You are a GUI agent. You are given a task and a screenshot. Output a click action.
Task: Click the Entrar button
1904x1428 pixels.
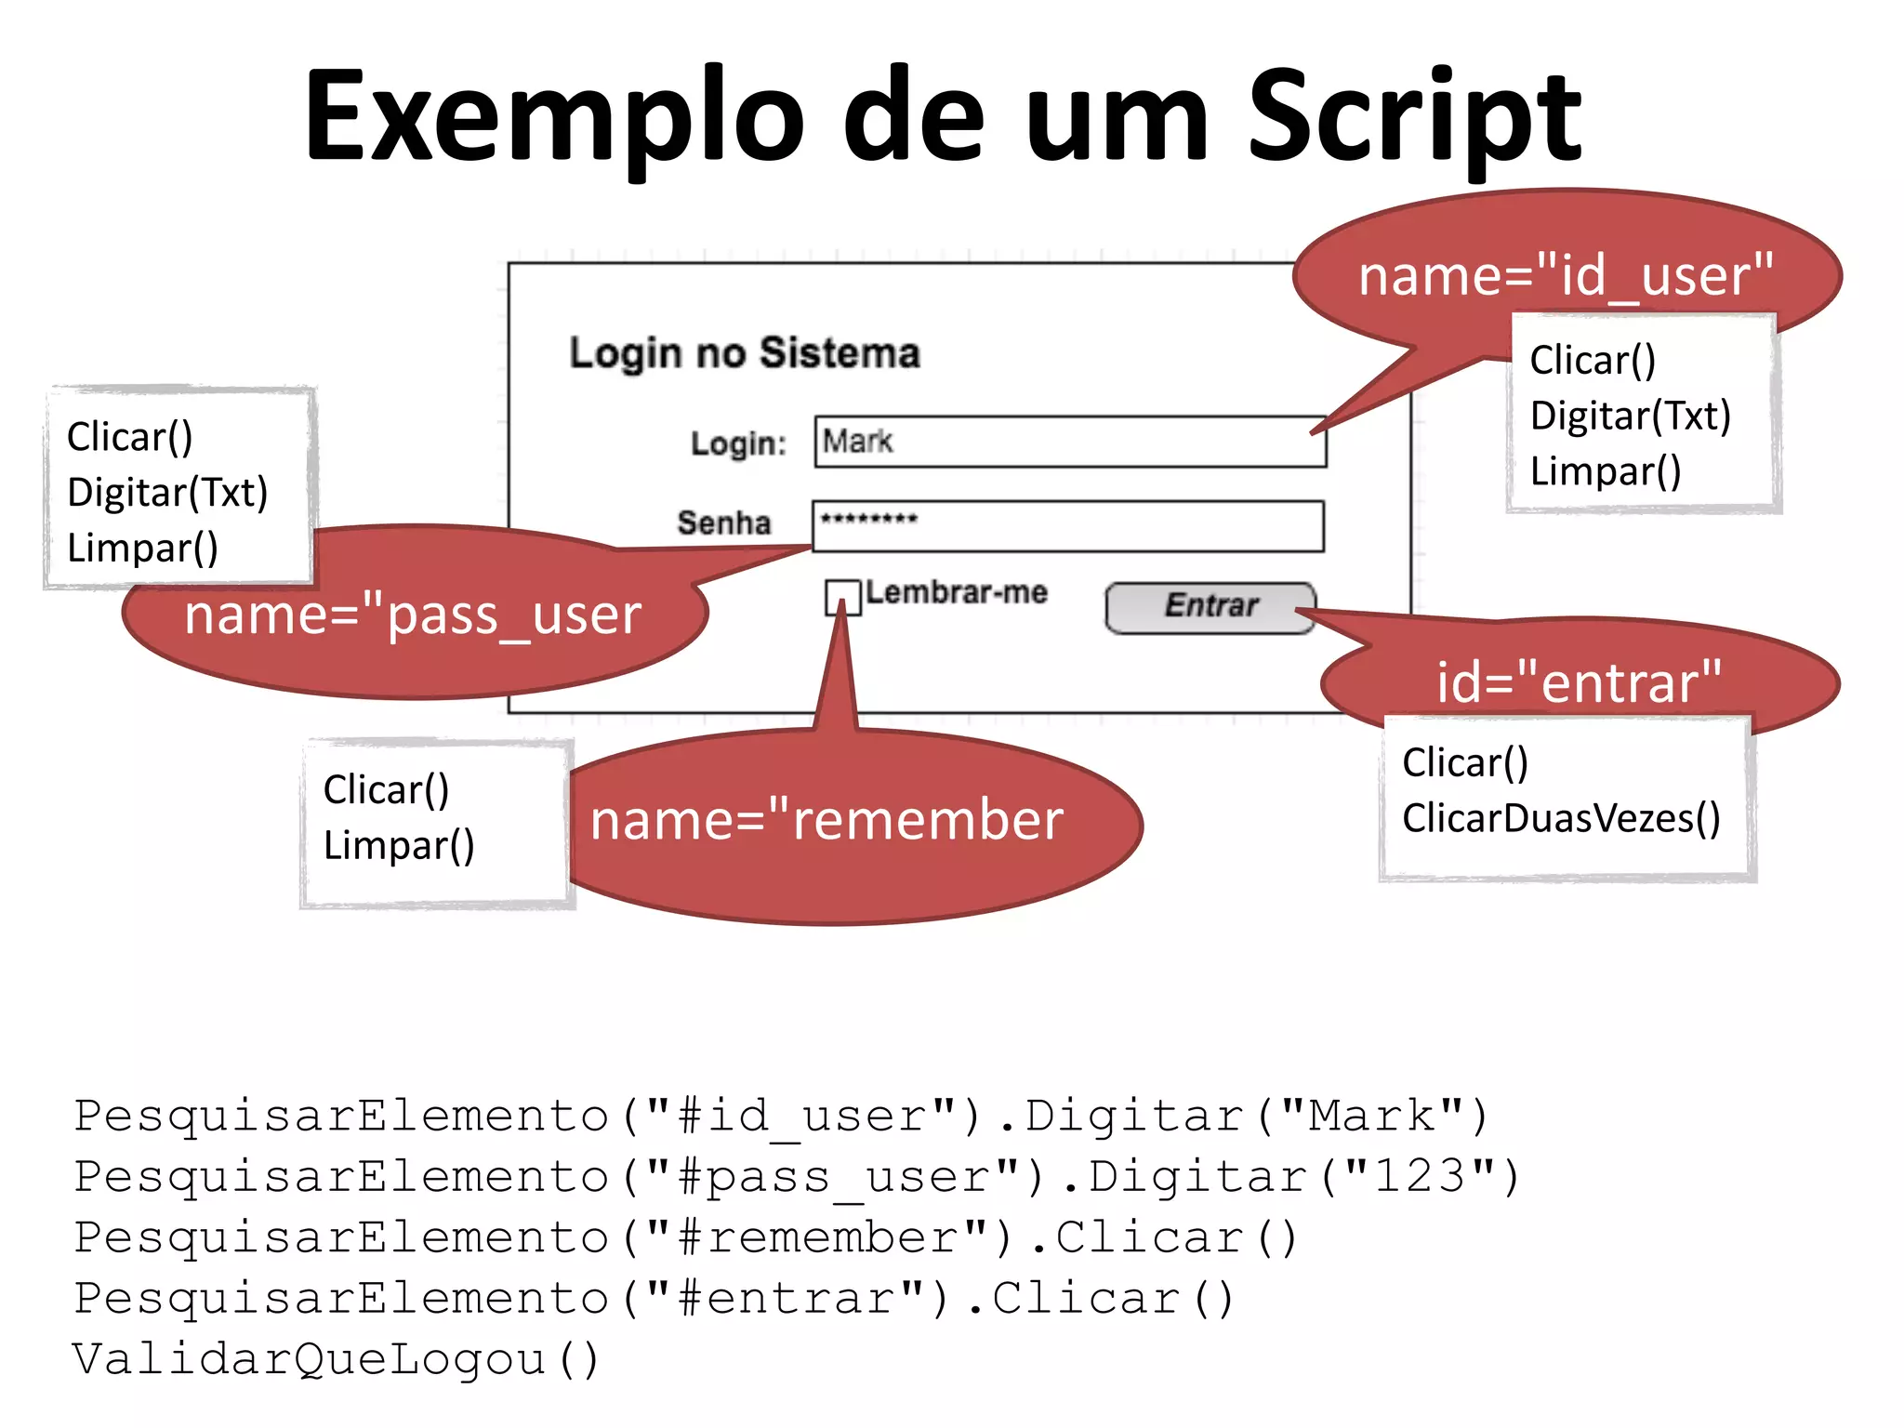(1210, 607)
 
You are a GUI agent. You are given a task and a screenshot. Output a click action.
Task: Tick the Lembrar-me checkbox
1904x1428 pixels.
(841, 597)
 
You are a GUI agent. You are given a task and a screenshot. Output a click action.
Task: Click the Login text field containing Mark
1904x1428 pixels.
(1069, 442)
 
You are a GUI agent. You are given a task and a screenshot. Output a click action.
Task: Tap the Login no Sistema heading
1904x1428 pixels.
(745, 353)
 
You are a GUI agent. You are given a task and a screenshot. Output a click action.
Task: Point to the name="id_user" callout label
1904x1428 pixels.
(1566, 276)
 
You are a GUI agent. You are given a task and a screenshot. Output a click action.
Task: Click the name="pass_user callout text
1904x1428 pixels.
(413, 615)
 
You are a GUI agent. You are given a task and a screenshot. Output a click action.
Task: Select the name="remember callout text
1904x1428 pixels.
(826, 821)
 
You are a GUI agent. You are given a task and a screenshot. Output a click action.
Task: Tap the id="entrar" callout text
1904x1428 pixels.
(1579, 683)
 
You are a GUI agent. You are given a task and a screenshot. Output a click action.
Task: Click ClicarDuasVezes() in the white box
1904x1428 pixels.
(1561, 819)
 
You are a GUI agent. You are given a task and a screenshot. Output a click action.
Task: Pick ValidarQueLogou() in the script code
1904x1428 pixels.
(336, 1359)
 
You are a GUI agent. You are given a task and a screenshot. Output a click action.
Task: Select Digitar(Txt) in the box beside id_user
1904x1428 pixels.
(1630, 416)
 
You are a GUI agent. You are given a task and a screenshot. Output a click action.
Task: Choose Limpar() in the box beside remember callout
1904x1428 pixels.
(399, 846)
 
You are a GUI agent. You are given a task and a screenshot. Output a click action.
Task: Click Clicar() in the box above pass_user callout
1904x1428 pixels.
(129, 437)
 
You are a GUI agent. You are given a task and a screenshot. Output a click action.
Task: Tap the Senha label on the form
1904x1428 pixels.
(723, 523)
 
